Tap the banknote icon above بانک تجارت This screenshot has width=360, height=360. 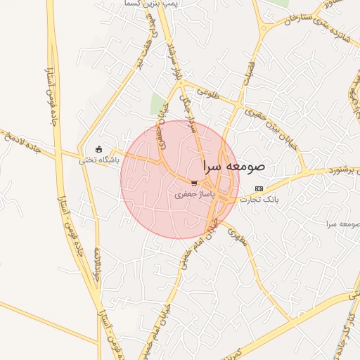pos(259,189)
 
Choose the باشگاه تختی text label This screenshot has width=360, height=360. pos(99,160)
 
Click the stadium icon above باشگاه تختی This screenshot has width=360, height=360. pos(98,149)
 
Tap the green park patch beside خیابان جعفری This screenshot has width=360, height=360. pos(158,105)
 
